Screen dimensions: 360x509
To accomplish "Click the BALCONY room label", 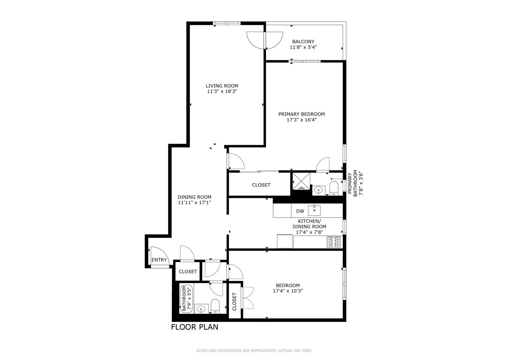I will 303,42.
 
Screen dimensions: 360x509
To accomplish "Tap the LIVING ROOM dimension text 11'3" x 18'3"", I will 222,92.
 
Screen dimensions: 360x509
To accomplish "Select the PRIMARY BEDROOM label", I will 301,114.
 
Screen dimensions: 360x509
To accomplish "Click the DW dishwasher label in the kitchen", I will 300,211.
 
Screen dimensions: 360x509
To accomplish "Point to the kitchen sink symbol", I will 314,211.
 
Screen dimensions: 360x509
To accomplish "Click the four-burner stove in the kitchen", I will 334,242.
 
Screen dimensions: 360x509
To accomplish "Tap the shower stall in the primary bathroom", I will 301,181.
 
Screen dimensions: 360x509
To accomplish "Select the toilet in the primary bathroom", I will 334,188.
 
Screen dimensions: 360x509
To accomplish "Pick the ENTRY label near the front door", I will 159,260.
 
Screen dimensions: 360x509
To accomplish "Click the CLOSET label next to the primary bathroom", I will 261,185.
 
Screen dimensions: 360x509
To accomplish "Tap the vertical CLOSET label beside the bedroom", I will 234,301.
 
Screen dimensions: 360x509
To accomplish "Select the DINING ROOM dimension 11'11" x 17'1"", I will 194,203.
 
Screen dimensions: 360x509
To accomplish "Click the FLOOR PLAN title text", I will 195,327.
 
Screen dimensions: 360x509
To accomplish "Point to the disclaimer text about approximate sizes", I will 254,351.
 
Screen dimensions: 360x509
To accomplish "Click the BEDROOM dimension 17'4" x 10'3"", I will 288,291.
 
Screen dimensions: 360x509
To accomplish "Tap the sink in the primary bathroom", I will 318,190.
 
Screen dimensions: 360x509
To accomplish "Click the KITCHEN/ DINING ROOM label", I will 309,224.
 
